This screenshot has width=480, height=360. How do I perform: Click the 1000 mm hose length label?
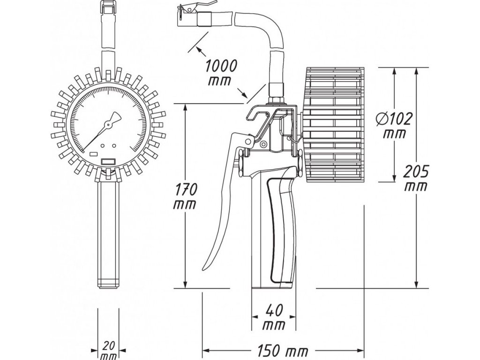(x=222, y=72)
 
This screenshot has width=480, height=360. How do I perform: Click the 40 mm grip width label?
(x=273, y=316)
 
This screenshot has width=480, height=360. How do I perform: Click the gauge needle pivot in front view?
(x=107, y=124)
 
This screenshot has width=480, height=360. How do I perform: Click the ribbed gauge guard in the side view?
(x=334, y=124)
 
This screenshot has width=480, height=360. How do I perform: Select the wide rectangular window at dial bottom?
(x=108, y=161)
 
